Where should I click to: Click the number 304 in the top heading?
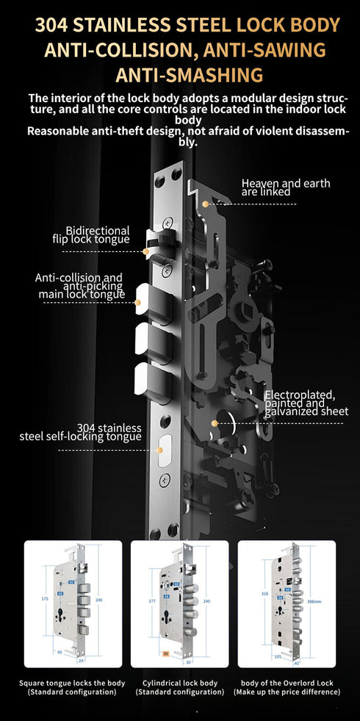click(x=54, y=26)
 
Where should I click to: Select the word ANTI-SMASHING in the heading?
click(x=189, y=75)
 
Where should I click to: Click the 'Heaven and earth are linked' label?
click(x=285, y=187)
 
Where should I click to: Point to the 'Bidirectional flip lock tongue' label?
click(x=91, y=234)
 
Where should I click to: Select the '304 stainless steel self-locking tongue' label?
click(x=80, y=432)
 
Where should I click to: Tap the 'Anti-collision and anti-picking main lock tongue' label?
click(x=81, y=286)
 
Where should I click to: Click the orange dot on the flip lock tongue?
click(x=146, y=251)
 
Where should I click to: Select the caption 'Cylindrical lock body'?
click(x=179, y=683)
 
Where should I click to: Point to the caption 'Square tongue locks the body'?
click(x=72, y=683)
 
